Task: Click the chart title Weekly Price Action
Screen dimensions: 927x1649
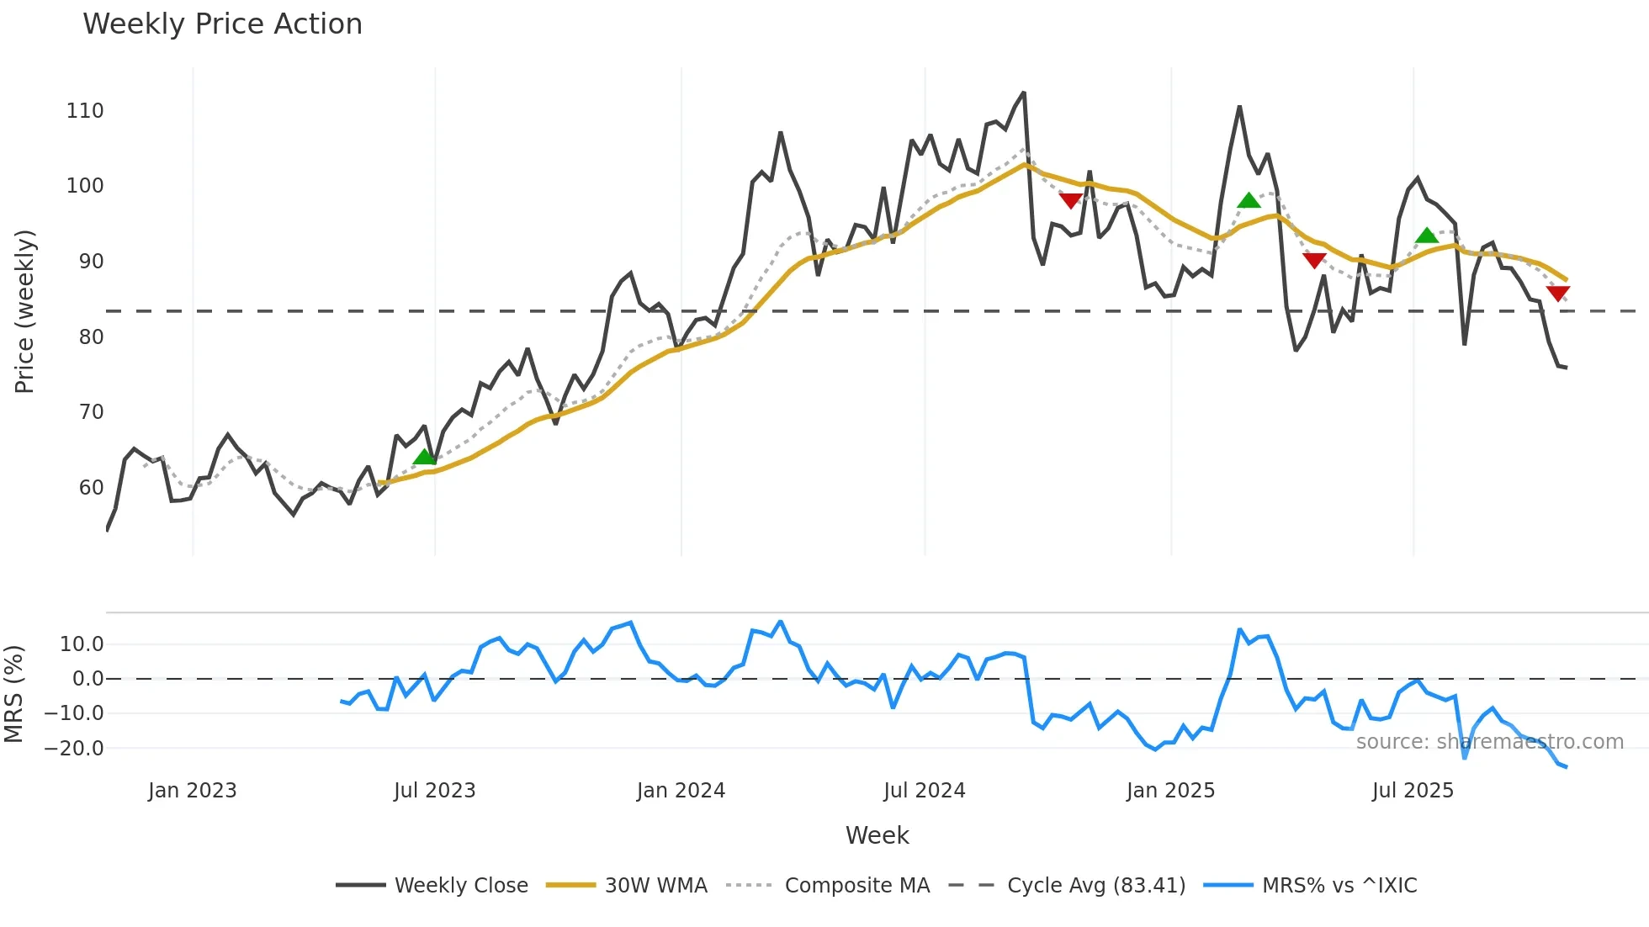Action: pyautogui.click(x=222, y=24)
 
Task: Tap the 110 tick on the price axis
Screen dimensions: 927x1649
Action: pyautogui.click(x=85, y=111)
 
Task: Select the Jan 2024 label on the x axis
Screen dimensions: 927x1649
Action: pyautogui.click(x=681, y=791)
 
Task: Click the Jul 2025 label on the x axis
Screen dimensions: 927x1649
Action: pyautogui.click(x=1413, y=791)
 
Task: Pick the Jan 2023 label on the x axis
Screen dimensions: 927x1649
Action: pyautogui.click(x=193, y=791)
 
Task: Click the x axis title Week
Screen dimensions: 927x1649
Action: pyautogui.click(x=877, y=835)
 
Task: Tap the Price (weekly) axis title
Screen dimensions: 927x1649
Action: pyautogui.click(x=25, y=311)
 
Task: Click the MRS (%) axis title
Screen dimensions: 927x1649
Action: pyautogui.click(x=14, y=694)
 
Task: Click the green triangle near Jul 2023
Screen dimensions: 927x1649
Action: pyautogui.click(x=425, y=457)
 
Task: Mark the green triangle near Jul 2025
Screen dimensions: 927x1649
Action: pyautogui.click(x=1427, y=236)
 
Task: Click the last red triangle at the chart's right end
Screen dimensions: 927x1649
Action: pyautogui.click(x=1558, y=293)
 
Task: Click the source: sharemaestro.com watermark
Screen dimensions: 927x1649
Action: pyautogui.click(x=1489, y=742)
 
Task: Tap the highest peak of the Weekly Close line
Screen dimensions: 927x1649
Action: pyautogui.click(x=1024, y=93)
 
